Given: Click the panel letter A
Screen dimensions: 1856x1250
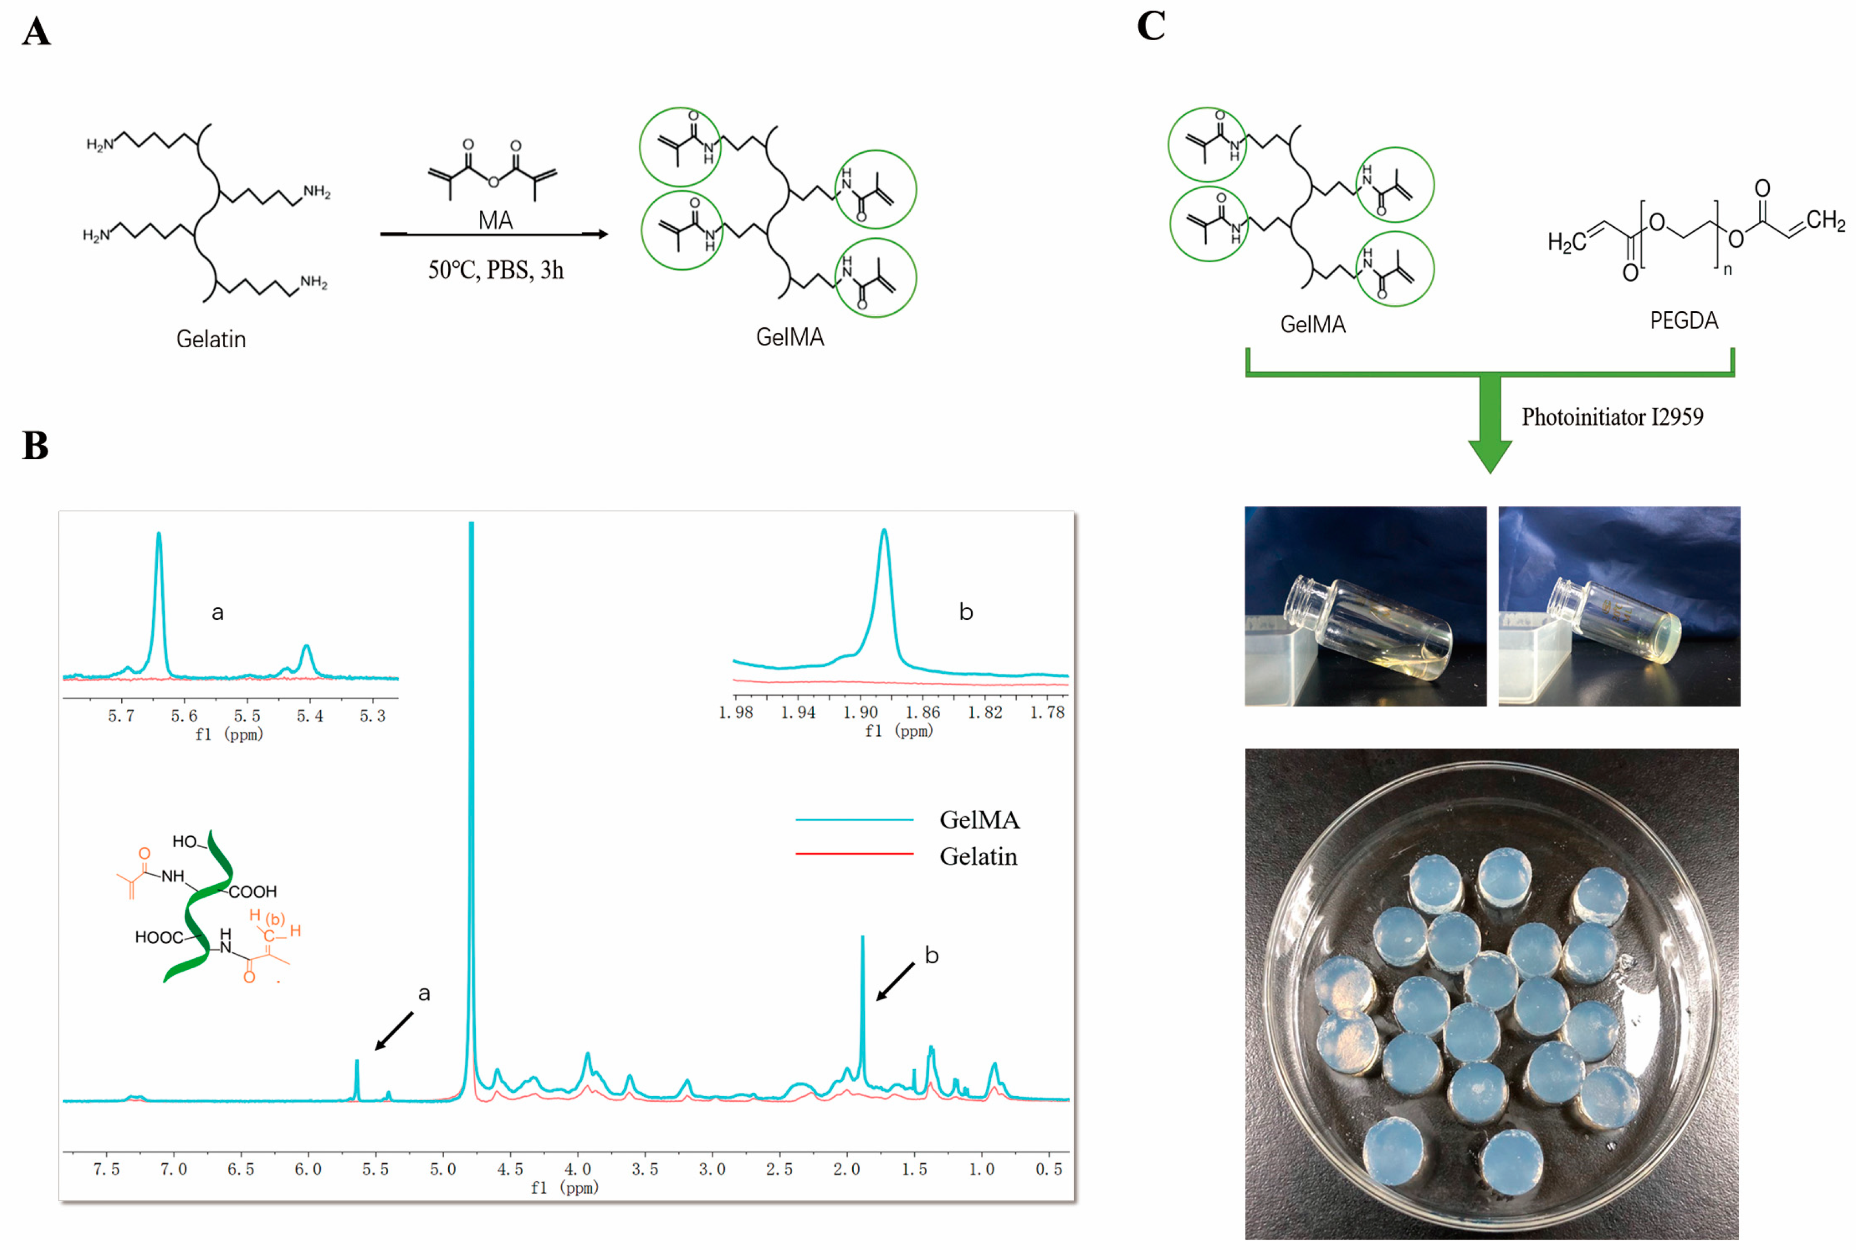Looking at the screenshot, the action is [36, 32].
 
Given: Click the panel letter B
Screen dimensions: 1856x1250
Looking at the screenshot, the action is [35, 445].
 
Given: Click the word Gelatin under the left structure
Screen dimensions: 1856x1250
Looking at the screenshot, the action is [211, 340].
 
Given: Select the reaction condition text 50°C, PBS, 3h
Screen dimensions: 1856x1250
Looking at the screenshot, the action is [495, 270].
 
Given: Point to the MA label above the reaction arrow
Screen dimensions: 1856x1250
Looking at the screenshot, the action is [495, 221].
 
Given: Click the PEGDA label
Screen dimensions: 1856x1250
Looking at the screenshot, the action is [1683, 320].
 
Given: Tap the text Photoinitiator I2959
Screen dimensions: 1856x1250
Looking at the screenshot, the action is [1612, 417].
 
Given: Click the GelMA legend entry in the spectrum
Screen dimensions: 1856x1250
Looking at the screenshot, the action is [979, 820].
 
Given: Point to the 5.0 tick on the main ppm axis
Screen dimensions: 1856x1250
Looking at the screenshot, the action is [442, 1169].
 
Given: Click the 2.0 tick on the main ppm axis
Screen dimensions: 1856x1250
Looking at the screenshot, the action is [846, 1169].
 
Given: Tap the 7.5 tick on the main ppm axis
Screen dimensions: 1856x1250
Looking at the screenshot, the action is [106, 1169].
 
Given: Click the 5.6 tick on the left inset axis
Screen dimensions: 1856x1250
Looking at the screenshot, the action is [184, 716].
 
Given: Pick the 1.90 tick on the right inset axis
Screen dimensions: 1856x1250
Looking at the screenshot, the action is [860, 712].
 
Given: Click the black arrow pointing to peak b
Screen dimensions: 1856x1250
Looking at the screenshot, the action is [895, 981].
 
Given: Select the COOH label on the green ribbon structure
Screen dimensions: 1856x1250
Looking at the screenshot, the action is [252, 892].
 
